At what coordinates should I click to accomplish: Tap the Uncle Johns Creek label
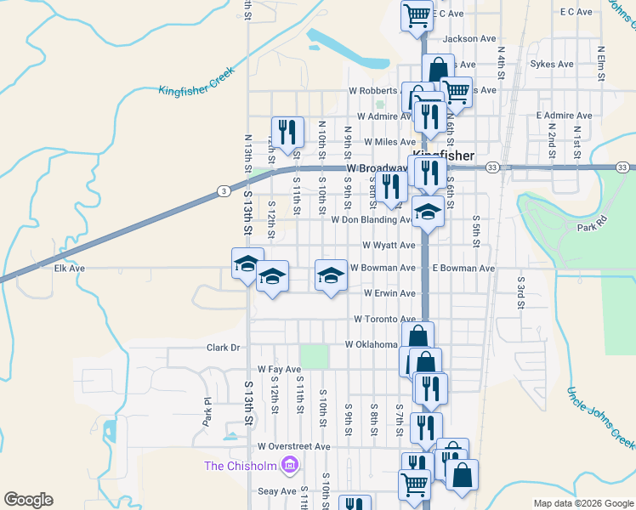point(600,416)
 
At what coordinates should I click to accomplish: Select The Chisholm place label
point(241,465)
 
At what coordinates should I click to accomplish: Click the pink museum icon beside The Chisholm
point(289,465)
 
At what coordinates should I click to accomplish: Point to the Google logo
point(29,500)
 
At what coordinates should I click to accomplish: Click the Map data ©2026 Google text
point(582,503)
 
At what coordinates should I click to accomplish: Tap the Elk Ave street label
point(70,268)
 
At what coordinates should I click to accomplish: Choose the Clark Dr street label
point(224,348)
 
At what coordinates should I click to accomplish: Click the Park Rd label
point(593,228)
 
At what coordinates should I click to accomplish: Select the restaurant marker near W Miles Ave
point(287,132)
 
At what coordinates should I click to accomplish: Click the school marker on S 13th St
point(247,263)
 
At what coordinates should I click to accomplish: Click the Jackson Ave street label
point(468,38)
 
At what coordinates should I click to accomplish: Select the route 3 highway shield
point(221,190)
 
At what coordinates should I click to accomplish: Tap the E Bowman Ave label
point(463,269)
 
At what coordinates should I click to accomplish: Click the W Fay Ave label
point(280,370)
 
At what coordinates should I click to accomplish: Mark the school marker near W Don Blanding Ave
point(428,212)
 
